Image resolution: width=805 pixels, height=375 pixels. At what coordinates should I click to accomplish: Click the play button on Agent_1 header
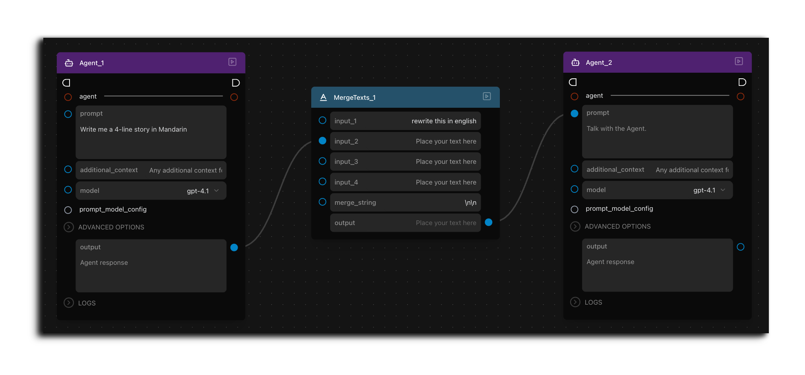[232, 62]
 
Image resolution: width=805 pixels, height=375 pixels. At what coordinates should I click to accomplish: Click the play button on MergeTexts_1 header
[487, 96]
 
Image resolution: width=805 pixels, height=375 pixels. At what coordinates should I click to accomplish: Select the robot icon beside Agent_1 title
[69, 63]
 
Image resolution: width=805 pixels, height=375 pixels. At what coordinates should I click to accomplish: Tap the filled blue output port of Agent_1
[234, 247]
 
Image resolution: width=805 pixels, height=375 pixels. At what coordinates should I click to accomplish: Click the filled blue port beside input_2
[323, 140]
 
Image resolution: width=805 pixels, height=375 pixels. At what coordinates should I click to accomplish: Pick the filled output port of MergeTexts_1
[489, 222]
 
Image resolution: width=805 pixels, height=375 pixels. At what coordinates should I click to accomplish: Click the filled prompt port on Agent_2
[575, 113]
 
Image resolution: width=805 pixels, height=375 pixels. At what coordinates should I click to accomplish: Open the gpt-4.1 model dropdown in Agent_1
[203, 191]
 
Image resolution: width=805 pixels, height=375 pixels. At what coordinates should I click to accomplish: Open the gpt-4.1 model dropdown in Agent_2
[710, 190]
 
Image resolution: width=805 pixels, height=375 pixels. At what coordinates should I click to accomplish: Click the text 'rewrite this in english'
[444, 121]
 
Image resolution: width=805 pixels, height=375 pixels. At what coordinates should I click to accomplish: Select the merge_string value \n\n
[470, 202]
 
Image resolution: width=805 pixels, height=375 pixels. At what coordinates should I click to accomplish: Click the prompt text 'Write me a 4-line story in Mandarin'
[134, 129]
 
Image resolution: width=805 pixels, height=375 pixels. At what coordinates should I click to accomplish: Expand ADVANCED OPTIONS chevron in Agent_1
[69, 227]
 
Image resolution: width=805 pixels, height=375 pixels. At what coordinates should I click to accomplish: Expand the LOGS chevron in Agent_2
[575, 302]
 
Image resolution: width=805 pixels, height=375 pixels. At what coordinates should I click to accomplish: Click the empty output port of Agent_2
[741, 247]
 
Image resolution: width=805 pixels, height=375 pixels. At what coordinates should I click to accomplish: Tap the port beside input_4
[323, 181]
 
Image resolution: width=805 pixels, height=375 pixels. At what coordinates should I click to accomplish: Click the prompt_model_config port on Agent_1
[68, 210]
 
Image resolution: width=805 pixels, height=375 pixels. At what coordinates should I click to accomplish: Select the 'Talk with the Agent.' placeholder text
[616, 128]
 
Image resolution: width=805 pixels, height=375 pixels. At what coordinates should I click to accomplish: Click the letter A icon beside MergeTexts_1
[323, 97]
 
